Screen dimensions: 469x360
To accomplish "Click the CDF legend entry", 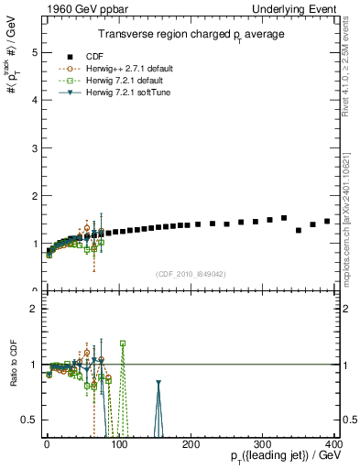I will pos(118,57).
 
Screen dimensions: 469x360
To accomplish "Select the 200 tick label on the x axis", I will pos(191,444).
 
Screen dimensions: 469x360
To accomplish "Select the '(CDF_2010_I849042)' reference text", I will pos(191,274).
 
